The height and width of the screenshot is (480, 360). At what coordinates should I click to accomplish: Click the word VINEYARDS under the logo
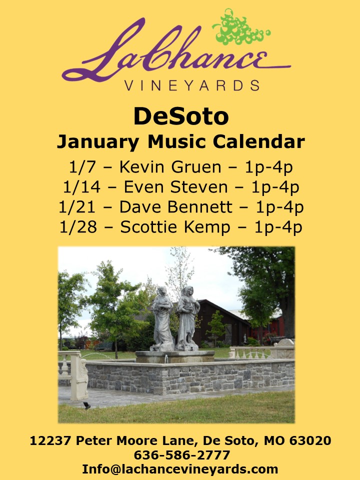pos(192,85)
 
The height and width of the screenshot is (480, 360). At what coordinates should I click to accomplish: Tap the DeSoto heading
pos(181,116)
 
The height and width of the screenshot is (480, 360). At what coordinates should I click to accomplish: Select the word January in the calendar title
pos(97,142)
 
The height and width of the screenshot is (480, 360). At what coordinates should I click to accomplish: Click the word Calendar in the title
pos(259,141)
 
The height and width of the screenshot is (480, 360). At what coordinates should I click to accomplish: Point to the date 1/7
pos(82,167)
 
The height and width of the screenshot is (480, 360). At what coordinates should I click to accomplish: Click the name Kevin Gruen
pos(170,167)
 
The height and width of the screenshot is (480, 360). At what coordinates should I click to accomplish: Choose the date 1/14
pos(81,187)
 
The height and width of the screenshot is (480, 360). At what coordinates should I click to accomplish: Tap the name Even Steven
pos(175,187)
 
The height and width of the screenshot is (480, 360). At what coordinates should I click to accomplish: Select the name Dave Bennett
pos(175,207)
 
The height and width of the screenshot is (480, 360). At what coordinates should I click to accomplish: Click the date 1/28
pos(78,227)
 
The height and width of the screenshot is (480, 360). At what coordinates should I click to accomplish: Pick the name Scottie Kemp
pos(175,227)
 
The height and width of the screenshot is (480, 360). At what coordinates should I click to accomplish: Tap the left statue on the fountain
pos(162,318)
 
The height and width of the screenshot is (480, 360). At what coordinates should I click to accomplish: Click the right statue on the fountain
pos(187,318)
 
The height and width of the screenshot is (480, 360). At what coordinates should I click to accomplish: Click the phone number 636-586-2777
pos(182,455)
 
